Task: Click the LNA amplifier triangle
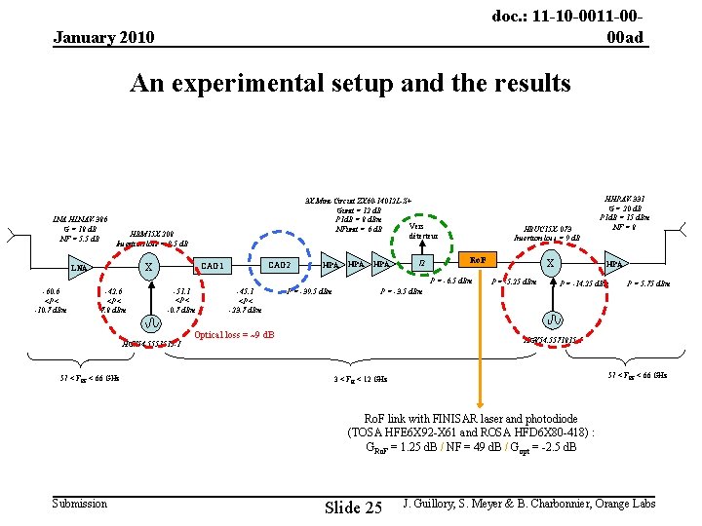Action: pyautogui.click(x=79, y=267)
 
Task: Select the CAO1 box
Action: pyautogui.click(x=214, y=266)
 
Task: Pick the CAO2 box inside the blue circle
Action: pyautogui.click(x=280, y=266)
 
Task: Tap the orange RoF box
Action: pyautogui.click(x=478, y=260)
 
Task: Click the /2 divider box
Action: pyautogui.click(x=422, y=263)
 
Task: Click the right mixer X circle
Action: pyautogui.click(x=551, y=263)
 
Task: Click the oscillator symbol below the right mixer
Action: pyautogui.click(x=552, y=319)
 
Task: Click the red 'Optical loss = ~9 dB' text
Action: pyautogui.click(x=234, y=335)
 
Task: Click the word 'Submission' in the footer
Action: pyautogui.click(x=81, y=503)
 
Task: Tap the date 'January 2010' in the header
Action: pyautogui.click(x=103, y=38)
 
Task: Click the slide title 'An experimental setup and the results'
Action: pyautogui.click(x=350, y=84)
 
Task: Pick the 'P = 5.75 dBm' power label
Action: pyautogui.click(x=649, y=283)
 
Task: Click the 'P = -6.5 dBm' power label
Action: pyautogui.click(x=451, y=281)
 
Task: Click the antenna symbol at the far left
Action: pyautogui.click(x=11, y=237)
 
